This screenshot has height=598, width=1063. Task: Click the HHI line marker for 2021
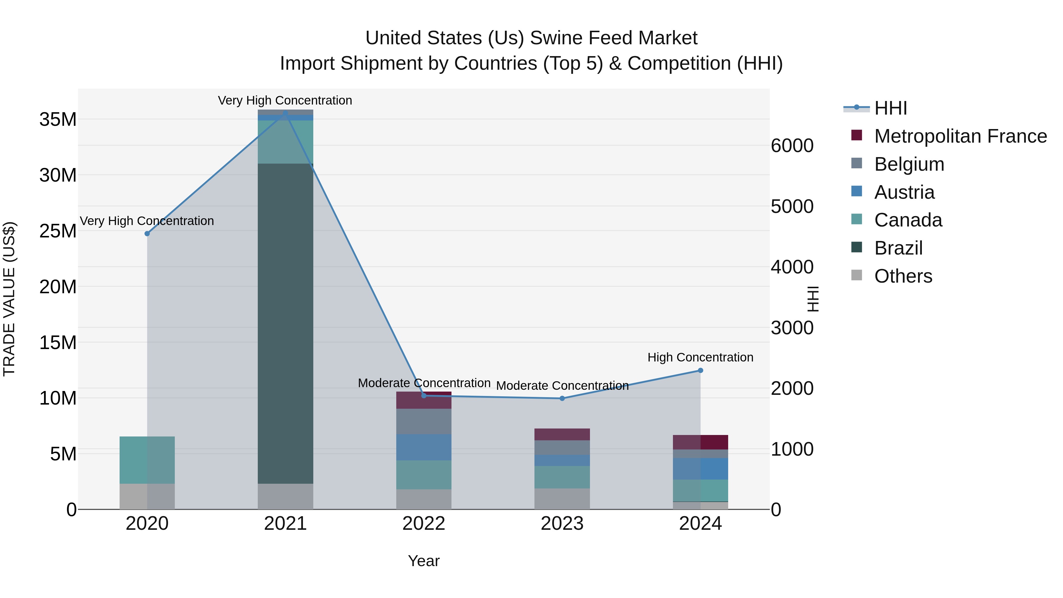tap(285, 113)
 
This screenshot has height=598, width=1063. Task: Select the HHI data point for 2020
tap(147, 234)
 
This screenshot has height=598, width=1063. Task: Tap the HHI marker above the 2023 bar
tap(562, 398)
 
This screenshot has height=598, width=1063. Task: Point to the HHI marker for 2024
tap(700, 371)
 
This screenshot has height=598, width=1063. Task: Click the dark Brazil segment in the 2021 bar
tap(285, 322)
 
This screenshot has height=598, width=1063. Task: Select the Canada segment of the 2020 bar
tap(147, 460)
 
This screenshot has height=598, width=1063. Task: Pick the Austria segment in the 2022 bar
tap(424, 447)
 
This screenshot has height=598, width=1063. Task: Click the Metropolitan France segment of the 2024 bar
tap(714, 442)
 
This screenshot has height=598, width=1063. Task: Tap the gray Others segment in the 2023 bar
tap(562, 498)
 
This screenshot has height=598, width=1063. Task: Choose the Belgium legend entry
tap(909, 164)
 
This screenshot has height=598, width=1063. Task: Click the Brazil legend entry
tap(898, 248)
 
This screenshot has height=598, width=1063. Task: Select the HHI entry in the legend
tap(891, 108)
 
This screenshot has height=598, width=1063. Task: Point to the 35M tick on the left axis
tap(58, 119)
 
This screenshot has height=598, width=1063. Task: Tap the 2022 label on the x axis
tap(424, 524)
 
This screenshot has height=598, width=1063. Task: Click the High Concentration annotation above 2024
tap(700, 357)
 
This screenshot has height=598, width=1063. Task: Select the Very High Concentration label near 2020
tap(147, 221)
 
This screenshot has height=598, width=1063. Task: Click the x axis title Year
tap(424, 561)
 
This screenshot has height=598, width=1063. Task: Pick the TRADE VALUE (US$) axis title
tap(9, 299)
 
